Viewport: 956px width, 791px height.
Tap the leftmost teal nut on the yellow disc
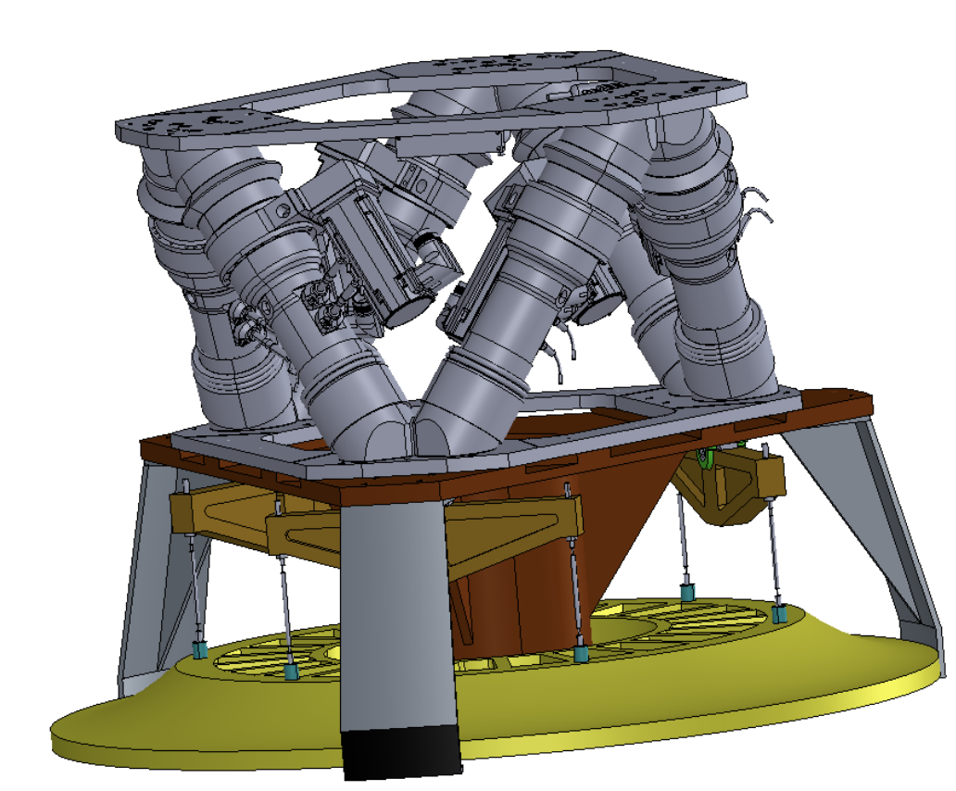coord(199,650)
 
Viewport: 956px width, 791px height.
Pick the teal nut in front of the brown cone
coord(581,654)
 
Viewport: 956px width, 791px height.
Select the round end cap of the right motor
coord(593,312)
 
